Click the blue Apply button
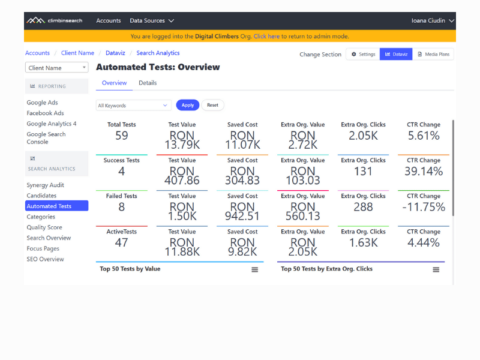click(x=187, y=105)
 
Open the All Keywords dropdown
click(x=134, y=106)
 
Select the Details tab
click(x=148, y=83)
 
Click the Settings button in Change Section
click(x=362, y=55)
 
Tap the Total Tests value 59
click(x=122, y=136)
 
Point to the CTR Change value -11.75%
click(x=424, y=207)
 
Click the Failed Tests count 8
click(x=122, y=207)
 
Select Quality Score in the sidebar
click(x=44, y=227)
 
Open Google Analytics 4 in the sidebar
click(x=52, y=124)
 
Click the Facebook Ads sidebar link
click(x=45, y=113)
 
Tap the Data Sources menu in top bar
click(x=152, y=20)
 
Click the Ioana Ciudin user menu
click(x=432, y=20)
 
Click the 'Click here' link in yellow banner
click(x=266, y=37)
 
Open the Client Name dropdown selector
click(x=56, y=68)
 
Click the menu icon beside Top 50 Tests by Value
click(x=254, y=269)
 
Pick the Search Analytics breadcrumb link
click(x=158, y=53)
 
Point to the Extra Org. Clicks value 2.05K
click(x=363, y=136)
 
